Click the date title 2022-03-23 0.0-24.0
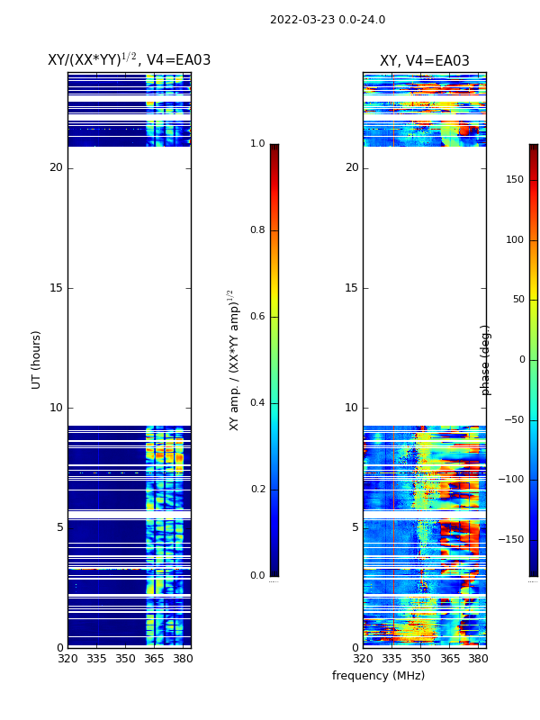coord(328,20)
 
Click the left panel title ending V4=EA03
coord(129,60)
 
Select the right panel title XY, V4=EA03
coord(424,61)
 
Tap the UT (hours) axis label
coord(37,359)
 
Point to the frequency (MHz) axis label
coord(378,676)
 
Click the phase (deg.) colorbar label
coord(486,360)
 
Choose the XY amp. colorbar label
coord(234,360)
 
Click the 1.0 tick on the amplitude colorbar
coord(257,144)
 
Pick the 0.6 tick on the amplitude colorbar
coord(257,317)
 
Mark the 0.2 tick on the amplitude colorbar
coord(257,490)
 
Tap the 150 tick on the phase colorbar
coord(514,180)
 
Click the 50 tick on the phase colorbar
coord(517,300)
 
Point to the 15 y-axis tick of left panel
coord(56,288)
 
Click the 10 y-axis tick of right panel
coord(351,408)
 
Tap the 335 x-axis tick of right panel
coord(391,659)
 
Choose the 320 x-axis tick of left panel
coord(67,659)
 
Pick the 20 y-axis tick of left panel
coord(56,167)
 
